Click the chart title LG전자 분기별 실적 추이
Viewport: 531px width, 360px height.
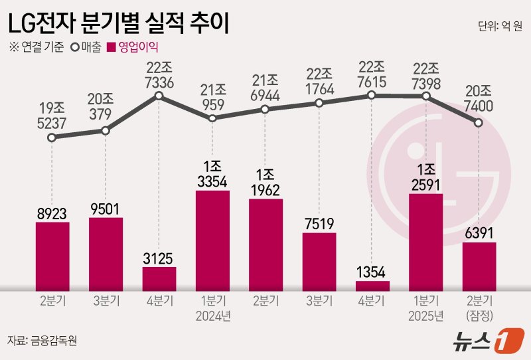pyautogui.click(x=118, y=25)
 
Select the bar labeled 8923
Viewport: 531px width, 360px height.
pyautogui.click(x=52, y=256)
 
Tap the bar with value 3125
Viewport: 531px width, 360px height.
pyautogui.click(x=159, y=278)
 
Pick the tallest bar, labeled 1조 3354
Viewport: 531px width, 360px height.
pyautogui.click(x=212, y=240)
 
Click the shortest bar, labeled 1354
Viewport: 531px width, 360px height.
pyautogui.click(x=372, y=286)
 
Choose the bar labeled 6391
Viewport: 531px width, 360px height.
pyautogui.click(x=479, y=266)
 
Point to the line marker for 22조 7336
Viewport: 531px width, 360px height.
pyautogui.click(x=159, y=97)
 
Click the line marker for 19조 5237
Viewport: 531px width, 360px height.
pyautogui.click(x=52, y=138)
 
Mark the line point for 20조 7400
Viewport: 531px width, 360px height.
pyautogui.click(x=479, y=122)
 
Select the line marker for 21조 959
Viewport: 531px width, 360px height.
pyautogui.click(x=212, y=118)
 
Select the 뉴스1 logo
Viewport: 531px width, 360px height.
pyautogui.click(x=485, y=339)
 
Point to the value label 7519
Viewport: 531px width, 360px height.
pyautogui.click(x=319, y=224)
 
